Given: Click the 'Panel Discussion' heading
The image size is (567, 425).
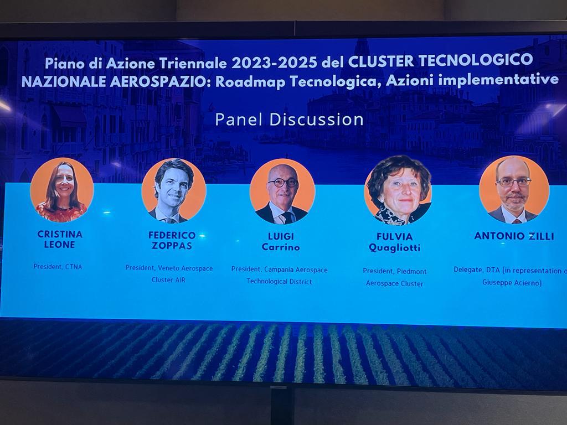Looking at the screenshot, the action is point(289,120).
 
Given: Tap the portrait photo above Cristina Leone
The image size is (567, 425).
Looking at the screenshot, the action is point(62,190).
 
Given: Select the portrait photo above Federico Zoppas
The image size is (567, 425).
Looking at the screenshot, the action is point(173,190).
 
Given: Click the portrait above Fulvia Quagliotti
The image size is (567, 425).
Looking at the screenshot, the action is point(398,190).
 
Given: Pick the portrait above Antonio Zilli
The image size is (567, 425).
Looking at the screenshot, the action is point(514,190).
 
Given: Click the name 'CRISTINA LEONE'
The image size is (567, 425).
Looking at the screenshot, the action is point(60,239).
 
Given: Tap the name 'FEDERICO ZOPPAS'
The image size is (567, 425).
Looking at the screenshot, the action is point(172,240).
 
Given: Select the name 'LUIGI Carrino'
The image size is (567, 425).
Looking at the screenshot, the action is point(281,242).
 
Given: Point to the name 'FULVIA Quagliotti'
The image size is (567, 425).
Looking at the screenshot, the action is point(394,242).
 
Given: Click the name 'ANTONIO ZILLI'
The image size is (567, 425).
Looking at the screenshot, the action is point(514,236).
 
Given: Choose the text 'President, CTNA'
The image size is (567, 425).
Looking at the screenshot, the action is point(58,267).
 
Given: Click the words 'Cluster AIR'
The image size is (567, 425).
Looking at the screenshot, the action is point(168,279).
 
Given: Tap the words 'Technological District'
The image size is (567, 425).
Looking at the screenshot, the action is point(279,282).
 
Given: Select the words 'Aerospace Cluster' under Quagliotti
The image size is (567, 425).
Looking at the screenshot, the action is point(394,284).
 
